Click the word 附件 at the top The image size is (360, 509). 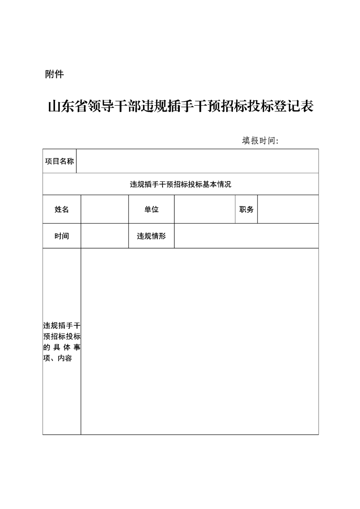click(54, 74)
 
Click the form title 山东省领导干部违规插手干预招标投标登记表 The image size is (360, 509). click(181, 107)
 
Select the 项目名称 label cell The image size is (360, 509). click(59, 161)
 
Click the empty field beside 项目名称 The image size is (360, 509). click(197, 161)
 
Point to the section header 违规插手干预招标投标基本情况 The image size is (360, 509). click(181, 184)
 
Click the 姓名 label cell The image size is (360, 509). click(62, 209)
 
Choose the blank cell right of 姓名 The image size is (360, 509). click(105, 209)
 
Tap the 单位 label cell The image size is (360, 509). click(152, 209)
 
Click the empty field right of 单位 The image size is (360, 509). click(205, 209)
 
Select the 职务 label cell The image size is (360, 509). click(247, 209)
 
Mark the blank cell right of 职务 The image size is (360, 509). click(288, 209)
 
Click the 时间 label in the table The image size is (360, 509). click(62, 236)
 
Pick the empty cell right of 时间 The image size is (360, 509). click(105, 236)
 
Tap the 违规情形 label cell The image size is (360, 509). click(152, 236)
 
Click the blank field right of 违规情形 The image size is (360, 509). click(246, 236)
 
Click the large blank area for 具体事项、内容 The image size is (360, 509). click(200, 341)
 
